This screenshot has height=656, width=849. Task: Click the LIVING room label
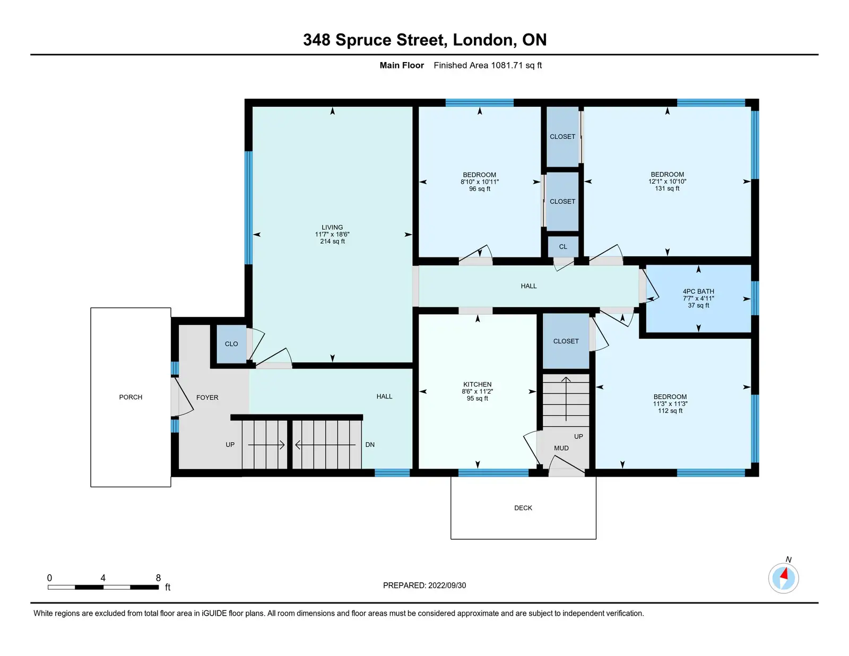pos(332,227)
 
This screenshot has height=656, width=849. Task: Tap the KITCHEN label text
pos(477,384)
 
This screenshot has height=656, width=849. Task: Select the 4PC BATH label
pos(698,291)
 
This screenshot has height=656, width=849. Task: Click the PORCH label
pos(131,398)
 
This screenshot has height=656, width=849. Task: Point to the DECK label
pos(523,508)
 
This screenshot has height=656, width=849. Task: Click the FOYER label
pos(207,398)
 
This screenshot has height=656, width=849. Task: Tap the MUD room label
pos(561,448)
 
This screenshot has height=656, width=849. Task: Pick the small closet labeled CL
pos(563,247)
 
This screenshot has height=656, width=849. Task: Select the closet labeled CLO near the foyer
pos(231,344)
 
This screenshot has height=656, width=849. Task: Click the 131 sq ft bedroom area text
pos(667,189)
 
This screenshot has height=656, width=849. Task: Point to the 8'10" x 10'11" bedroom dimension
pos(479,182)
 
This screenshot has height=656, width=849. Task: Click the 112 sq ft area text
pos(670,411)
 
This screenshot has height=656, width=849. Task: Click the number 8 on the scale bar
pos(158,578)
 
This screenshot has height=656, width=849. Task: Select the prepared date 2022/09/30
pos(447,585)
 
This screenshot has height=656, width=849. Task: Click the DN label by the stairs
pos(370,445)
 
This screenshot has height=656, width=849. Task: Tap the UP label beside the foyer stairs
pos(230,445)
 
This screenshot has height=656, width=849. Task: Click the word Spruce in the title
pos(363,40)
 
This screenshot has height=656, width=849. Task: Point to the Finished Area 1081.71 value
pos(507,65)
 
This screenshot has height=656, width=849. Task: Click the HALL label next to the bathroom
pos(528,287)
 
